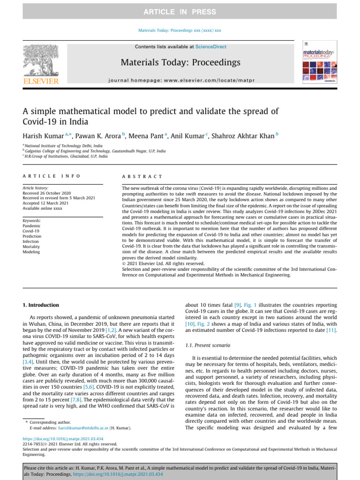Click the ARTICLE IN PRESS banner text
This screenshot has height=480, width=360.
coord(180,12)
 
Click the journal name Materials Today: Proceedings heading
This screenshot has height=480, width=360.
coord(180,62)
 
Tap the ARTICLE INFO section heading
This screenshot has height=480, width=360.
coord(52,176)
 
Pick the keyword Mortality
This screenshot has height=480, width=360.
coord(31,246)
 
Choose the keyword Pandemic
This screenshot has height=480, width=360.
coord(32,225)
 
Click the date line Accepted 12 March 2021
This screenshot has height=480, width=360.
coord(46,203)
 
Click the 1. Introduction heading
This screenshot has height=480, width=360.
coord(41,305)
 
